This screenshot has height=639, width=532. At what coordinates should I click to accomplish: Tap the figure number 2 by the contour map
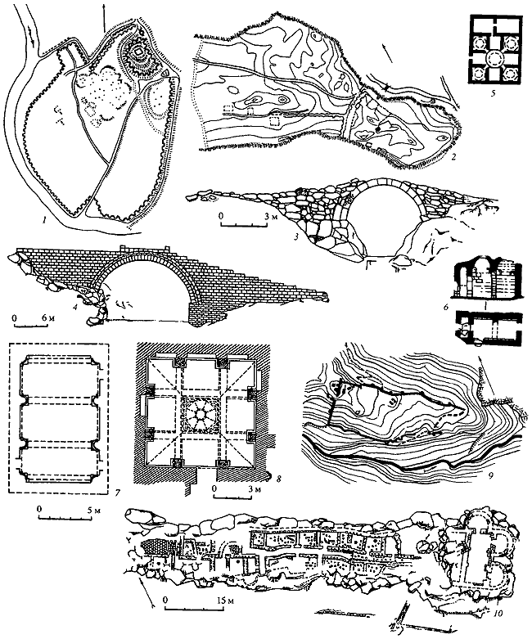(448, 155)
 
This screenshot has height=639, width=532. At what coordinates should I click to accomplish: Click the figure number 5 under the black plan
(494, 93)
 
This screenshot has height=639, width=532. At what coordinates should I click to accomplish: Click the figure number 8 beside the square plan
(279, 479)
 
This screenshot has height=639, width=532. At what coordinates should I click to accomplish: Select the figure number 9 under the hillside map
(491, 475)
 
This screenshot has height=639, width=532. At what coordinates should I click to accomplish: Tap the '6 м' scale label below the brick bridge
(50, 318)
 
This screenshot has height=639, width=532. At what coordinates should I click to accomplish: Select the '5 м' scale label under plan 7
(95, 510)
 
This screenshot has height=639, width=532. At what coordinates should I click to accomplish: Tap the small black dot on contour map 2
(379, 128)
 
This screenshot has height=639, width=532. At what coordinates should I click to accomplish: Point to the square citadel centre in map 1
(139, 52)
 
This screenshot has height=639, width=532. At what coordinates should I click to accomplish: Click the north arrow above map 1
(104, 16)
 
